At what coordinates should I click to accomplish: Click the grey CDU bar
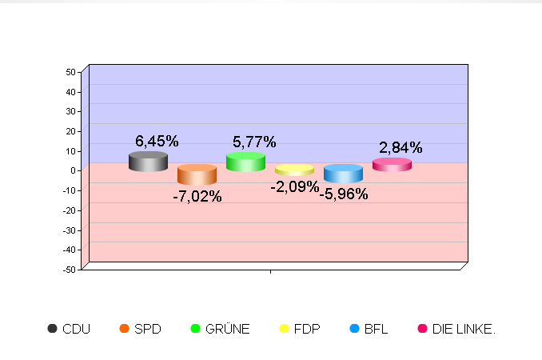(148, 162)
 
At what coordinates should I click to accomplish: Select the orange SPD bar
(197, 174)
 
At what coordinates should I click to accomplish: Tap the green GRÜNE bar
(245, 162)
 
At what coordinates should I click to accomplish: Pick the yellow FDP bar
(294, 170)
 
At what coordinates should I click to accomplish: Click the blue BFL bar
(343, 174)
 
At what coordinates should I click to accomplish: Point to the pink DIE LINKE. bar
(392, 165)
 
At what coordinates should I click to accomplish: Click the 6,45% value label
(157, 142)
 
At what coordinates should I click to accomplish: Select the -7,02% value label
(197, 196)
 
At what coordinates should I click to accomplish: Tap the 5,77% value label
(254, 142)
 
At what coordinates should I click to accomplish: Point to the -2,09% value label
(294, 187)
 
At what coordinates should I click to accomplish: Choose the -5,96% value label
(344, 194)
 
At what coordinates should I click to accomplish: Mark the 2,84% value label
(401, 148)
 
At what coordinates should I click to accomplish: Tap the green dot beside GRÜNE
(195, 329)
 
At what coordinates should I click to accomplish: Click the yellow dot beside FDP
(284, 329)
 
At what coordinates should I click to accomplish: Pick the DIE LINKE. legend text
(464, 329)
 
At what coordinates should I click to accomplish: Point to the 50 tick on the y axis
(70, 72)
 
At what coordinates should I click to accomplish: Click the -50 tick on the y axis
(69, 270)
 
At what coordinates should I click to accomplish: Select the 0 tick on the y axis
(73, 170)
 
